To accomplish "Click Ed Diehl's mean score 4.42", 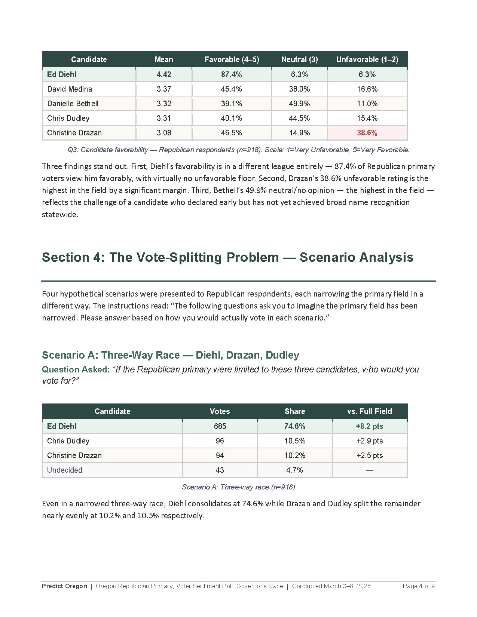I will coord(164,74).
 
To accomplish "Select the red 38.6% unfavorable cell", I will coord(367,133).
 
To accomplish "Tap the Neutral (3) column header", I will coord(299,59).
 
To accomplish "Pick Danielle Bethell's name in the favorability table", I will coord(73,104).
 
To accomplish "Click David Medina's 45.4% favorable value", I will coord(231,89).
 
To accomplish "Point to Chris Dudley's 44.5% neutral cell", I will coord(299,118).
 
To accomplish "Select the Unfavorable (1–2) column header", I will coord(367,59).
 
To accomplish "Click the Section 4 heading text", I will coord(227,257).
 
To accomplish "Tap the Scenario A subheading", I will coord(171,355).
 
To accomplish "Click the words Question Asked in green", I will coord(76,369).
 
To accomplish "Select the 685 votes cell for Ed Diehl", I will coord(220,426).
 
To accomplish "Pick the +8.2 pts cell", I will coord(369,426).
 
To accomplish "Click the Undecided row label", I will coord(64,470).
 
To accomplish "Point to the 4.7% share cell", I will coord(294,470).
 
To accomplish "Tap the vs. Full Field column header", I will coord(369,411).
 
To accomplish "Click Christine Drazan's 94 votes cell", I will coord(220,455).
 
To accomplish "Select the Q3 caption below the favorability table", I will coord(238,150).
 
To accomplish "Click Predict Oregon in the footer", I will coord(64,586).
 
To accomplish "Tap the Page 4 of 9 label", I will coord(418,586).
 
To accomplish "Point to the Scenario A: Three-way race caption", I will coord(238,487).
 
